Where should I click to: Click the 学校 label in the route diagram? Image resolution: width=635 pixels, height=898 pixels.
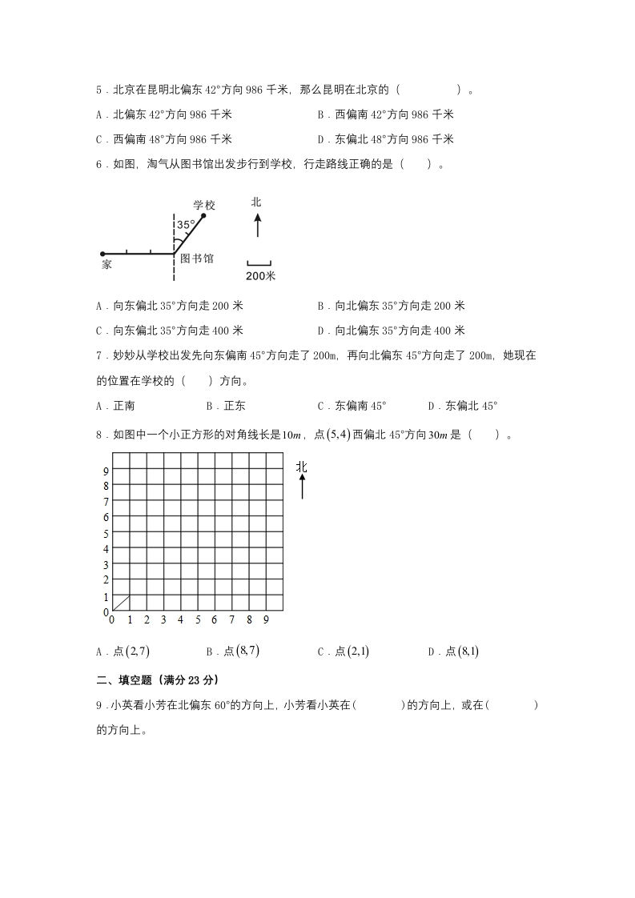204,205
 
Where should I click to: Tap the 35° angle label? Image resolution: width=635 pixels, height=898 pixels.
186,226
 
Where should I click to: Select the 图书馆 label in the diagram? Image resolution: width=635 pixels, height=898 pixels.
197,259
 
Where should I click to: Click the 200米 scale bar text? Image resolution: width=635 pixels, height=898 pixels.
259,275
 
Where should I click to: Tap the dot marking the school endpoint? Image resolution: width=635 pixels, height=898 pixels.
203,215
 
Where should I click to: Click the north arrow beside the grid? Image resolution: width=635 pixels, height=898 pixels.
302,485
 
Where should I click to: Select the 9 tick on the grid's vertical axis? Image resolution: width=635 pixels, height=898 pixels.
106,471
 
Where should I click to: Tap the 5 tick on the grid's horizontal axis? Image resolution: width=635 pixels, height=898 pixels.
197,619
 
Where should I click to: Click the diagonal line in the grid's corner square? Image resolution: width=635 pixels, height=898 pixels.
121,603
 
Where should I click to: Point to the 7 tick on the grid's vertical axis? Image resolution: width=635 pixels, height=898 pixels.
106,502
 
